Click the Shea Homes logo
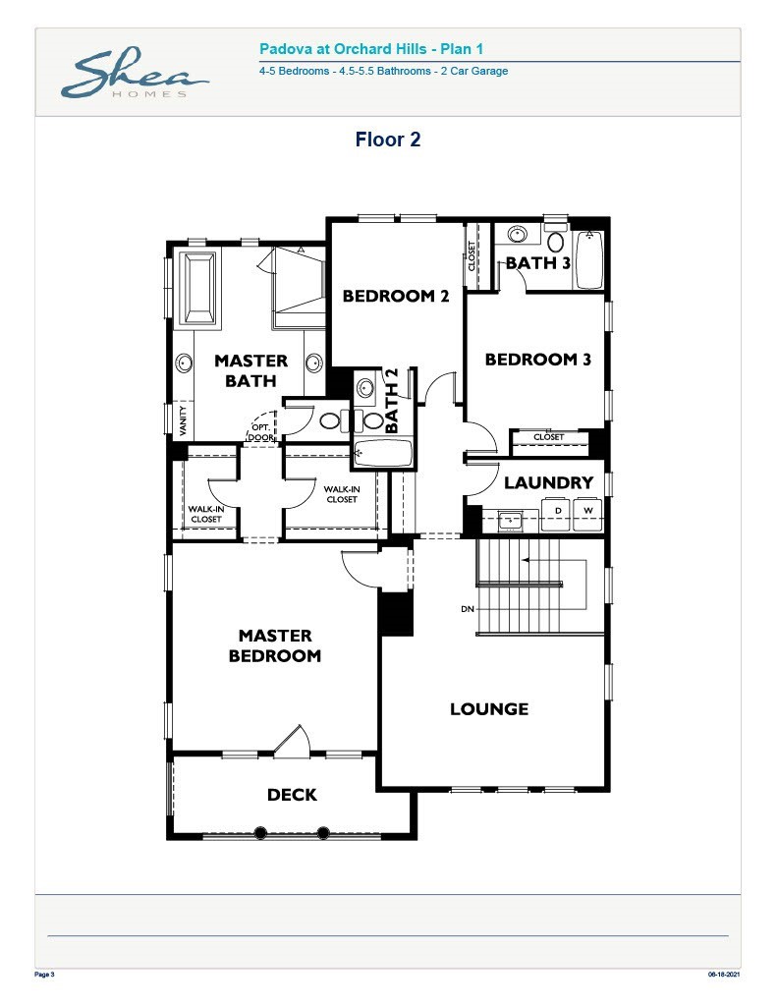[134, 75]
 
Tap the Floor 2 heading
[388, 140]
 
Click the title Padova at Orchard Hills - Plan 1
[371, 48]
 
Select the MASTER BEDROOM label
[275, 645]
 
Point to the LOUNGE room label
[489, 708]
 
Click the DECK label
[292, 794]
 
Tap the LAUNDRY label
[548, 482]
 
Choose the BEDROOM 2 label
[395, 296]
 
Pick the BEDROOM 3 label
[537, 360]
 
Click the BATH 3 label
[537, 262]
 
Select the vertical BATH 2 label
[393, 401]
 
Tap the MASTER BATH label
[250, 370]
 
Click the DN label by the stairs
[467, 609]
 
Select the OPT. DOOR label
[261, 432]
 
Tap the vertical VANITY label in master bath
[183, 420]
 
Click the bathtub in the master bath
[199, 287]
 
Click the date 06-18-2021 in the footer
[725, 975]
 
